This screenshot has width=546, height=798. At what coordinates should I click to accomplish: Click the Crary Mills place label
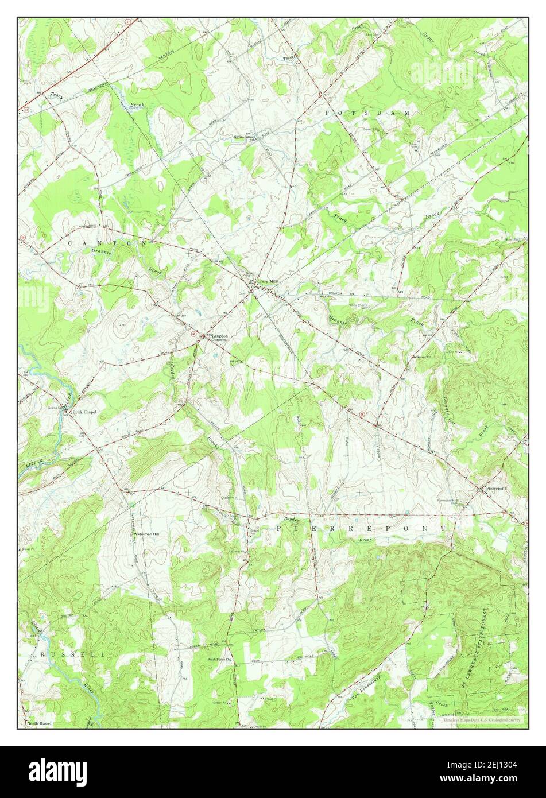[267, 281]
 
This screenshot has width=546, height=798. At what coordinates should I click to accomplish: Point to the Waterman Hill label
[146, 534]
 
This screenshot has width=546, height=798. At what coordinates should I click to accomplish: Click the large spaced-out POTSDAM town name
[367, 113]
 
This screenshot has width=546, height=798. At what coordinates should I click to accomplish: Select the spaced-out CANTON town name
[107, 243]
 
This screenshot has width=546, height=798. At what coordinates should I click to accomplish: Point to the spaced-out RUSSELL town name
[72, 654]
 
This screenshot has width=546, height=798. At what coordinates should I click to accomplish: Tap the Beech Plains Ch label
[219, 660]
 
